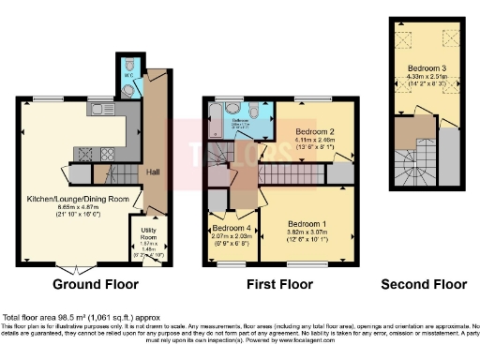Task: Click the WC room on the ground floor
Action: (x=129, y=75)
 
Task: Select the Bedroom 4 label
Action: (x=231, y=228)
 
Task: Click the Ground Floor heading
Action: (x=96, y=284)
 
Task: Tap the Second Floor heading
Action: (x=424, y=284)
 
